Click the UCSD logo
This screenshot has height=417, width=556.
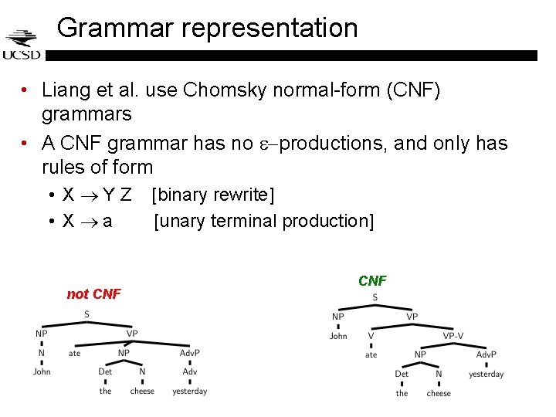(x=21, y=45)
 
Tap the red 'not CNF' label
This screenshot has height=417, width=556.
(x=93, y=294)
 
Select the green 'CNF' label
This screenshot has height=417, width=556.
(x=372, y=281)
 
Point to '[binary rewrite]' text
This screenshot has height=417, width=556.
(x=213, y=195)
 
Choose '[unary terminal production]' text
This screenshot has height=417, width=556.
(x=263, y=222)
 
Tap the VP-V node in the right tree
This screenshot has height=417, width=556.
(x=453, y=336)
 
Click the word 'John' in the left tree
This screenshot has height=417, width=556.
(x=42, y=371)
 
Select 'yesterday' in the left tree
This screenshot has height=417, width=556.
(x=189, y=392)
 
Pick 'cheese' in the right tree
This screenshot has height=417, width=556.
(x=439, y=393)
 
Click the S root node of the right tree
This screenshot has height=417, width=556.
(x=375, y=297)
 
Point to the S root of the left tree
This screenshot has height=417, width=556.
(x=86, y=314)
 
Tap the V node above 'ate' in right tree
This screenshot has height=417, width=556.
(x=371, y=336)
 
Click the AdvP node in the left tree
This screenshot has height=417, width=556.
(x=189, y=353)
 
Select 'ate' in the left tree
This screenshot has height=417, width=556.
(x=74, y=353)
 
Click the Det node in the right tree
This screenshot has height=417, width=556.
(x=402, y=374)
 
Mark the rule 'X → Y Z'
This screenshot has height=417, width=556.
(x=97, y=195)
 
